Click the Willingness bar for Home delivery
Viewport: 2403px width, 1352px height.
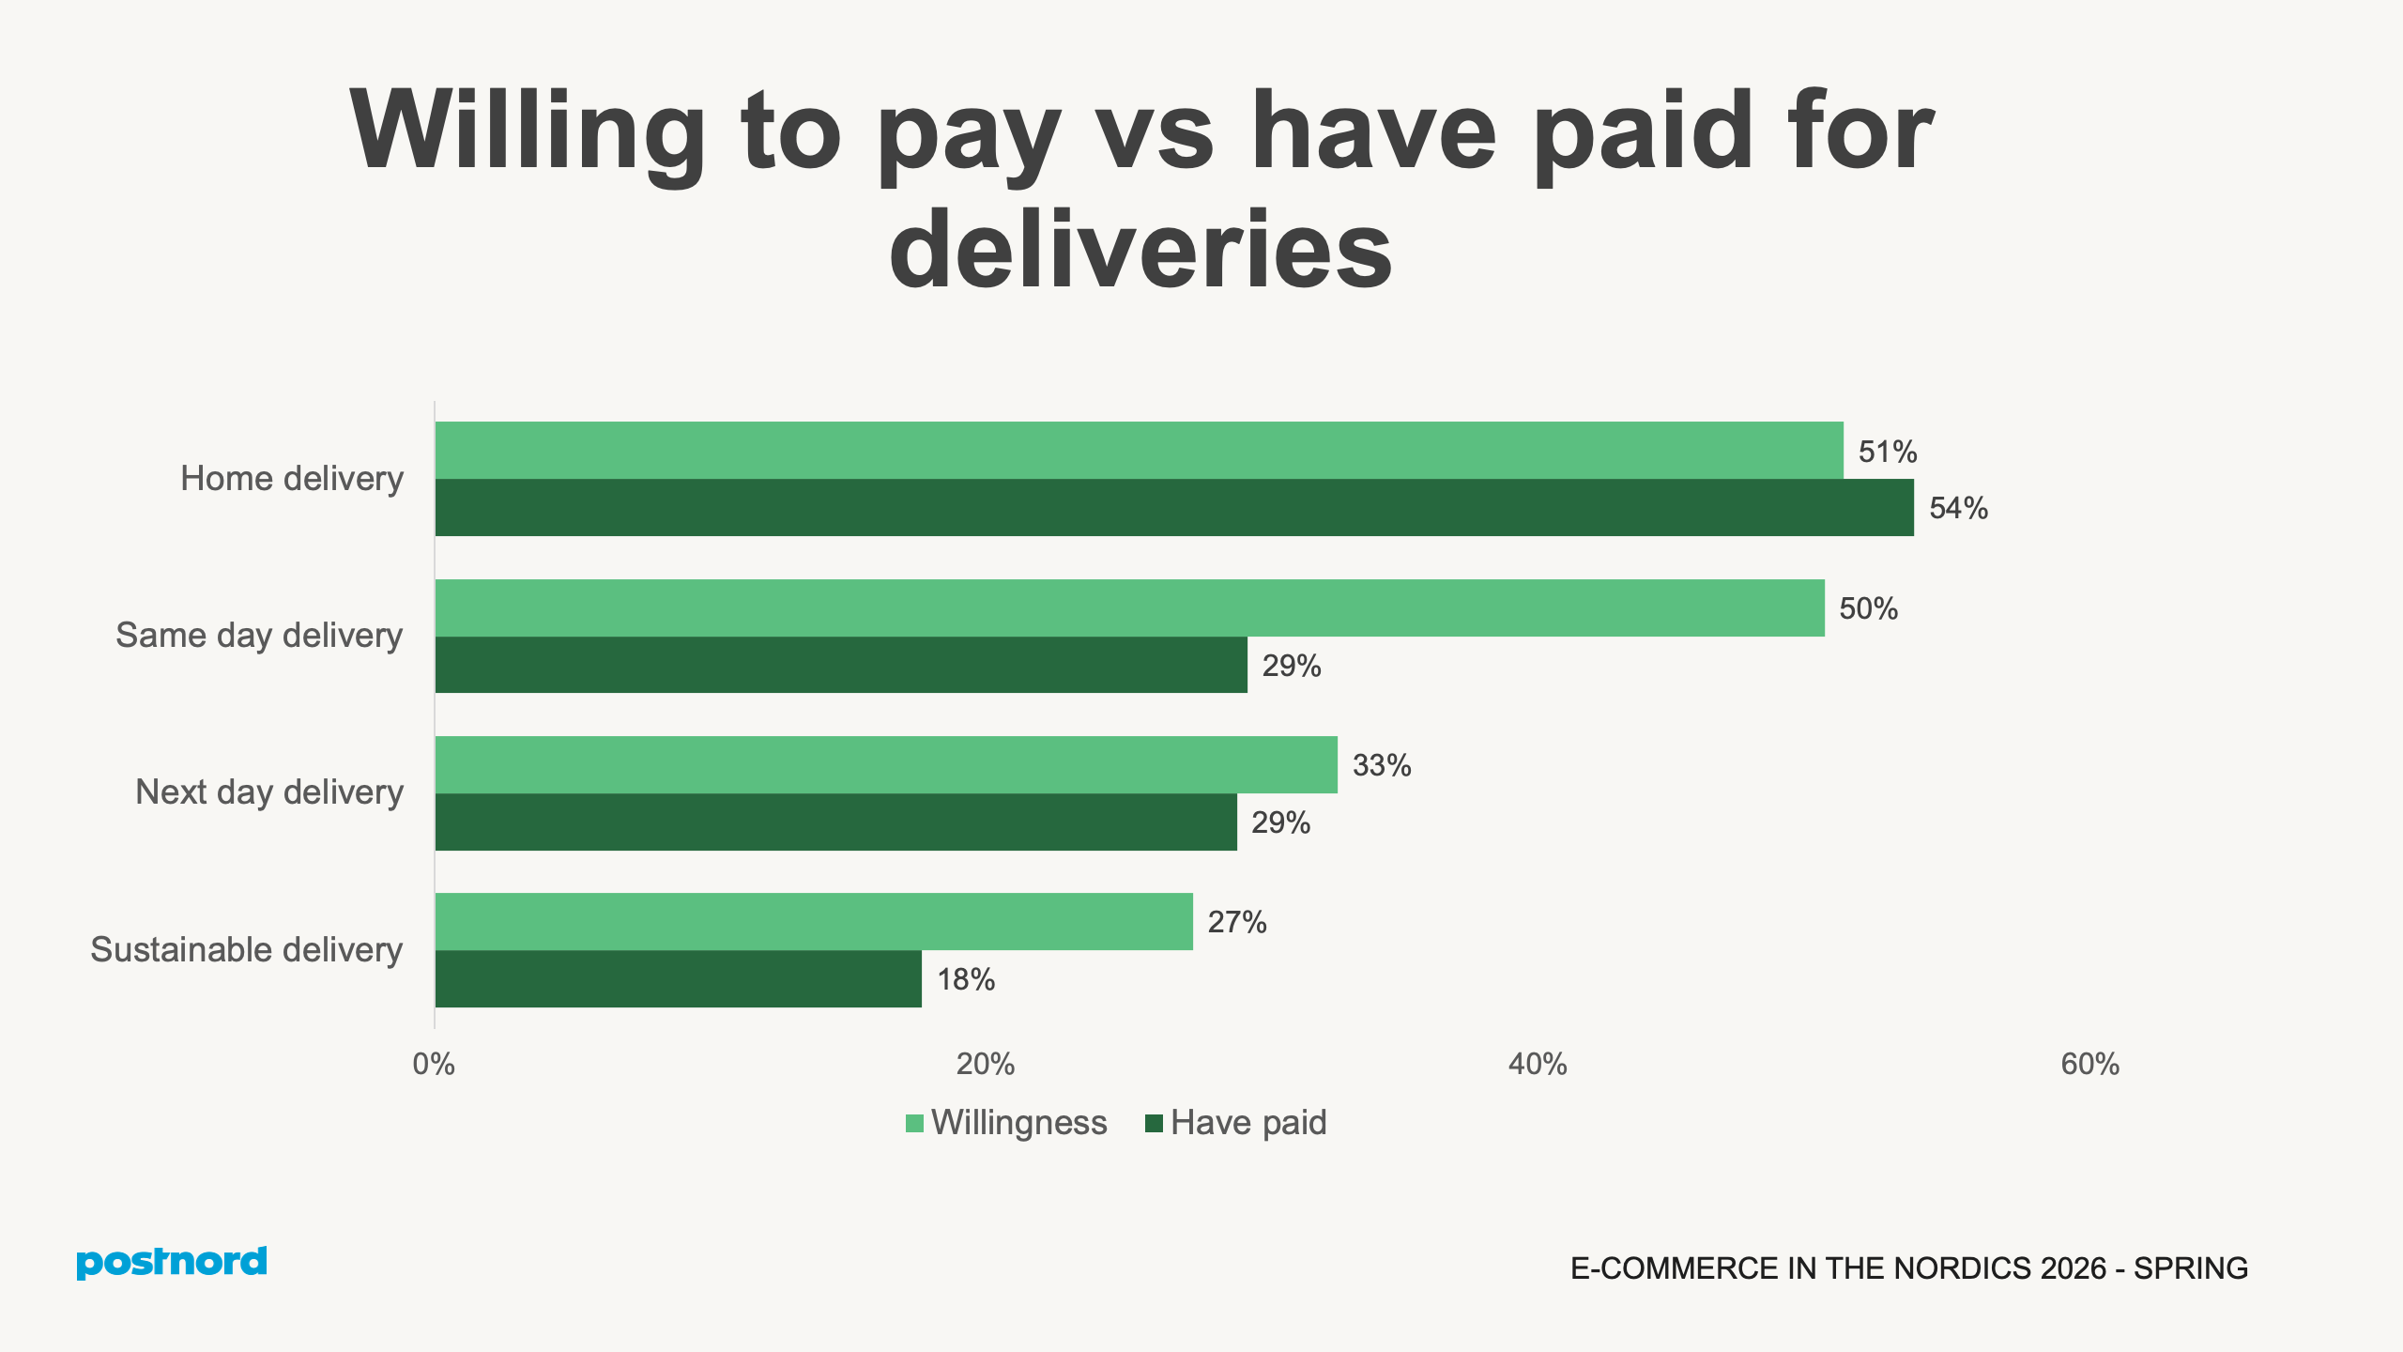point(1139,450)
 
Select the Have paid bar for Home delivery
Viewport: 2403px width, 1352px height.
point(1173,508)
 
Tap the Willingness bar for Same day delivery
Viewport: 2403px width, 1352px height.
point(1129,607)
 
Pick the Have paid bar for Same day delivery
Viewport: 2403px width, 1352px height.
point(841,665)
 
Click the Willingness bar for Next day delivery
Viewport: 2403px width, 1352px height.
point(886,764)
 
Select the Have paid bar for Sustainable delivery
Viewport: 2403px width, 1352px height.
point(678,978)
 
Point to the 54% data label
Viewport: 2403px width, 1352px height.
point(1958,508)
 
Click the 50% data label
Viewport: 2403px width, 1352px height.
point(1868,608)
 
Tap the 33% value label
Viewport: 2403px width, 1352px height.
point(1381,765)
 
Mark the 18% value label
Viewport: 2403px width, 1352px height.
point(965,979)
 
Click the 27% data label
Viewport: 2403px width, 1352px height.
point(1236,922)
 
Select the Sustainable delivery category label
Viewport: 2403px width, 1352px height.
point(246,949)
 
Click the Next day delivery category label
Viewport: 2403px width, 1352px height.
point(269,791)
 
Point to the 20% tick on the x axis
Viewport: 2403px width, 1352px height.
point(985,1064)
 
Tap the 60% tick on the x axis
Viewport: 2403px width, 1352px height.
point(2089,1064)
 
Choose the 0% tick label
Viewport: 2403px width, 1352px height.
point(434,1064)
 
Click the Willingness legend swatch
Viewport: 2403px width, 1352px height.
point(914,1123)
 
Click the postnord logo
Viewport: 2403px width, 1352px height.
point(172,1262)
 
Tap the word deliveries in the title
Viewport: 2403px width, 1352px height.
point(1140,250)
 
